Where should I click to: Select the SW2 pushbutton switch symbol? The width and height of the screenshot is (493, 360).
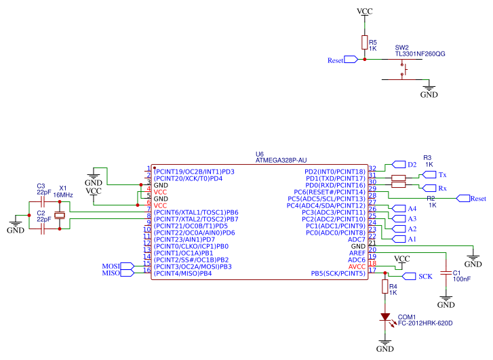point(406,68)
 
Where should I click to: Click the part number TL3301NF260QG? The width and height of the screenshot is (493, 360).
point(420,54)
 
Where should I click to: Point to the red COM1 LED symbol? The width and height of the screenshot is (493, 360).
point(385,317)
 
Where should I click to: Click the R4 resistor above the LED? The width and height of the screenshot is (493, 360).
point(385,287)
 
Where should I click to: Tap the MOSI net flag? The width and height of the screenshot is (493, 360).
point(127,266)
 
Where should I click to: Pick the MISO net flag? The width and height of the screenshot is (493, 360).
point(127,273)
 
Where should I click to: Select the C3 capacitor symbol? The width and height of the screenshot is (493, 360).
point(43,201)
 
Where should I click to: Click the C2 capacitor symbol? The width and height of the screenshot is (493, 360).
point(43,229)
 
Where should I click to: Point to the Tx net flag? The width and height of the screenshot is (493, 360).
point(427,175)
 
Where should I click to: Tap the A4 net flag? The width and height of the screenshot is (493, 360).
point(397,208)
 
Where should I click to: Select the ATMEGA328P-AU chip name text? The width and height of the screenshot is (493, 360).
point(281,161)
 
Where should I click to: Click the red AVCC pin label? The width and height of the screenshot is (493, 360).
point(357,266)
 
